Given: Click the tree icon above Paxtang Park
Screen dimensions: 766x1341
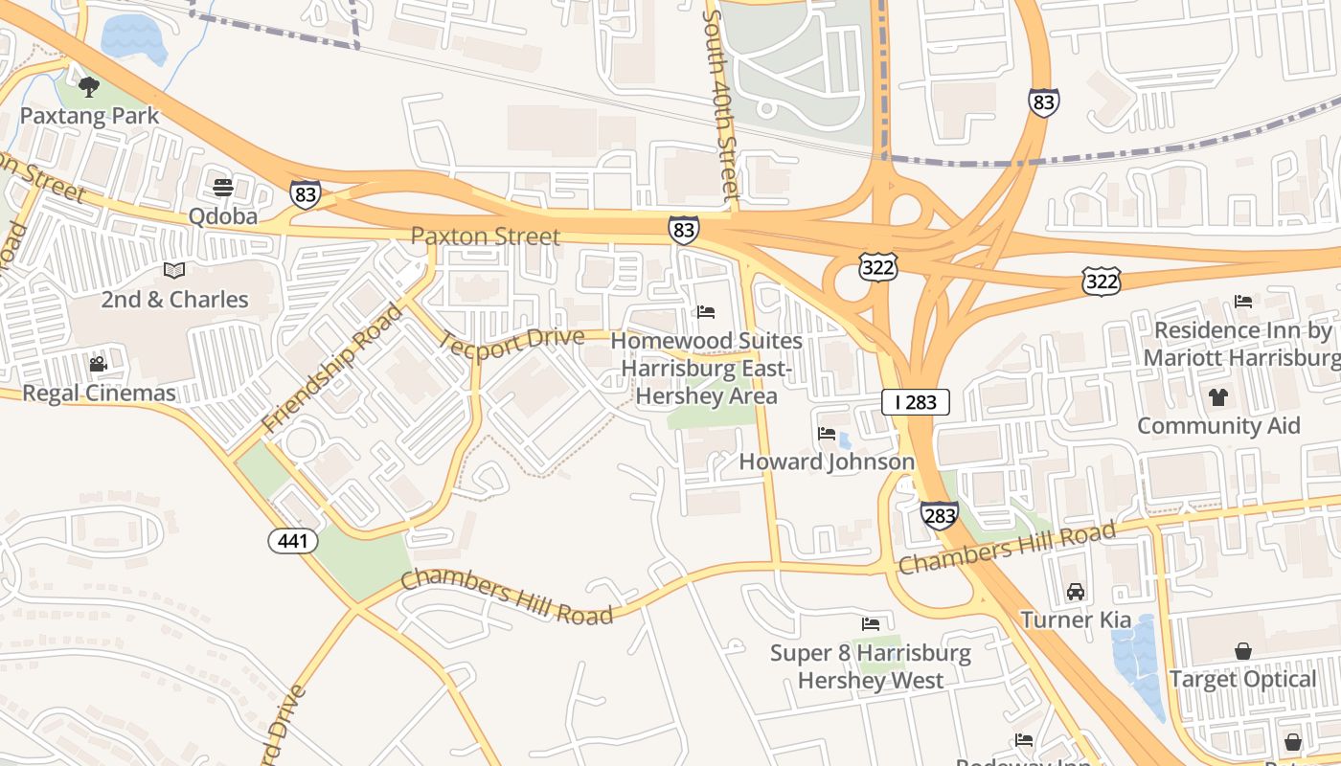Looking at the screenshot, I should (89, 88).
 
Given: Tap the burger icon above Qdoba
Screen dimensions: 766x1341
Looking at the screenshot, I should (223, 187).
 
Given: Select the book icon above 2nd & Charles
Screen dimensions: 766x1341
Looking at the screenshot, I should (173, 270).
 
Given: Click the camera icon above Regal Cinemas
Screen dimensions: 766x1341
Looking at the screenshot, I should (98, 364).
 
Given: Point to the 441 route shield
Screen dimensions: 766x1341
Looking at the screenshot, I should (292, 541).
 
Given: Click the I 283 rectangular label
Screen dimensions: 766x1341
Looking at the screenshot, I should (915, 402).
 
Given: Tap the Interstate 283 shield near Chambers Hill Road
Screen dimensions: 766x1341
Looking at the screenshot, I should (940, 515).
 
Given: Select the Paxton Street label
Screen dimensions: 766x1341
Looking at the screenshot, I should (485, 236).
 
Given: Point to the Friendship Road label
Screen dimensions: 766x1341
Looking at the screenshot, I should (333, 367).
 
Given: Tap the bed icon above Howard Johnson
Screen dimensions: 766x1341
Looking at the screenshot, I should (827, 434).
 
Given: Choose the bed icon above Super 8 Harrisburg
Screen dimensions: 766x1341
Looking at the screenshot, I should (871, 624).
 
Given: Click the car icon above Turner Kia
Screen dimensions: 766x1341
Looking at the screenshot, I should (1076, 592).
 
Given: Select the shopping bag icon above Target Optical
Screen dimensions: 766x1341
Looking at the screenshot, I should (1242, 651).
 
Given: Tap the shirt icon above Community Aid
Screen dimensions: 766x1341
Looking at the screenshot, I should (1218, 396).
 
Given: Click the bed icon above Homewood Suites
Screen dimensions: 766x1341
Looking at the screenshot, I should (706, 312).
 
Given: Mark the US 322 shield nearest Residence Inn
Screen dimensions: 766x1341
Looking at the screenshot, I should (1101, 282).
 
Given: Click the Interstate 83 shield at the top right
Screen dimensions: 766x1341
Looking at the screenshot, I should (1044, 101).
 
